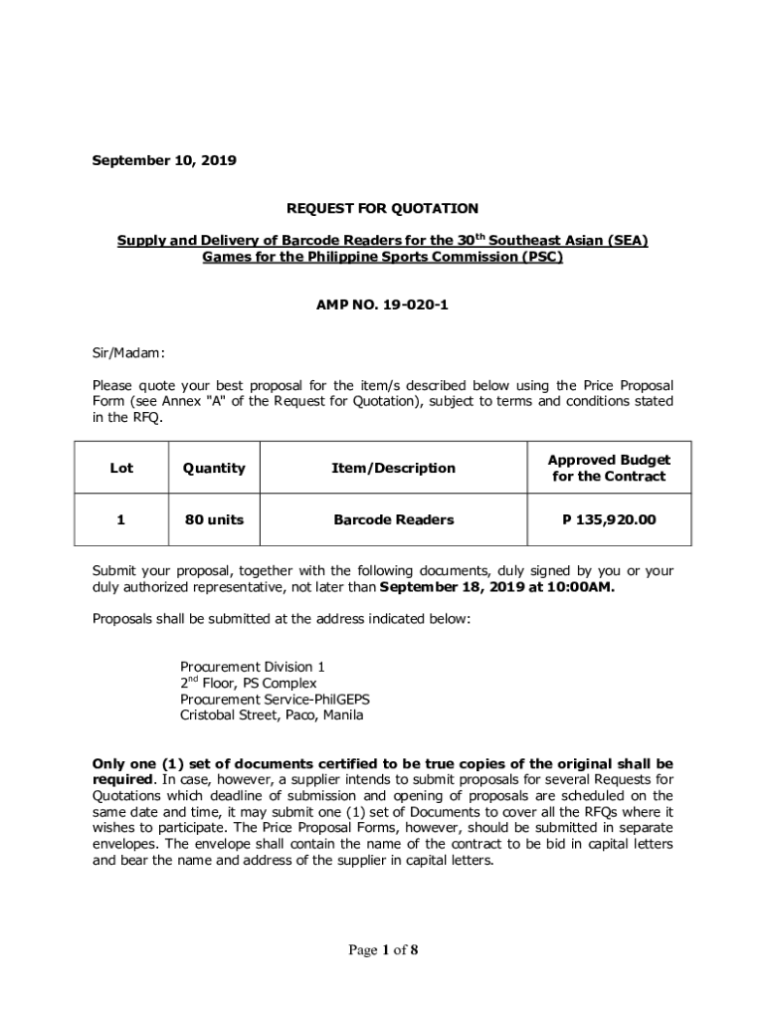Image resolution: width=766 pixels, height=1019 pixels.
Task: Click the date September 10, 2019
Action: tap(164, 159)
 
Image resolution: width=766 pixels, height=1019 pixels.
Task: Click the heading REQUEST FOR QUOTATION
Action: tap(383, 208)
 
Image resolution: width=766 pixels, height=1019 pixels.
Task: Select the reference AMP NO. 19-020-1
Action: tap(383, 305)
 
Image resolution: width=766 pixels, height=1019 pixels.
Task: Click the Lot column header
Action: tap(121, 468)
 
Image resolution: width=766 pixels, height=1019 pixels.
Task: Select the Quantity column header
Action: tap(213, 468)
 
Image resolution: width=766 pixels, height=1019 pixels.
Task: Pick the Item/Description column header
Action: tap(394, 468)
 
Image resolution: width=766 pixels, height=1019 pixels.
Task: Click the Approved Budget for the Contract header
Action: tap(609, 468)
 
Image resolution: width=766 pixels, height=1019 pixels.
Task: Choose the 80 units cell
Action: tap(213, 519)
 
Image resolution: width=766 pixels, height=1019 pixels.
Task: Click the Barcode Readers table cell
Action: tap(394, 519)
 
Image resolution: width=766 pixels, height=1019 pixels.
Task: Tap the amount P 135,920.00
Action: tap(609, 519)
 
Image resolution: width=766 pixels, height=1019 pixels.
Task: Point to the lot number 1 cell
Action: tap(121, 519)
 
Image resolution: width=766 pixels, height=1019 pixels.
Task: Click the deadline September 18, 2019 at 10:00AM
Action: tap(497, 587)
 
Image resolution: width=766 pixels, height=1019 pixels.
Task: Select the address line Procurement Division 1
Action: tap(252, 666)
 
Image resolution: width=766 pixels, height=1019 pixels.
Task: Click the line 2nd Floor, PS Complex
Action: tap(248, 683)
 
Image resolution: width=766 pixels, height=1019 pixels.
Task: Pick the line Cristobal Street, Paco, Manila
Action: tap(272, 714)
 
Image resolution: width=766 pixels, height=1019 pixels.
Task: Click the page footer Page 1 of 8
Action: tap(383, 950)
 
